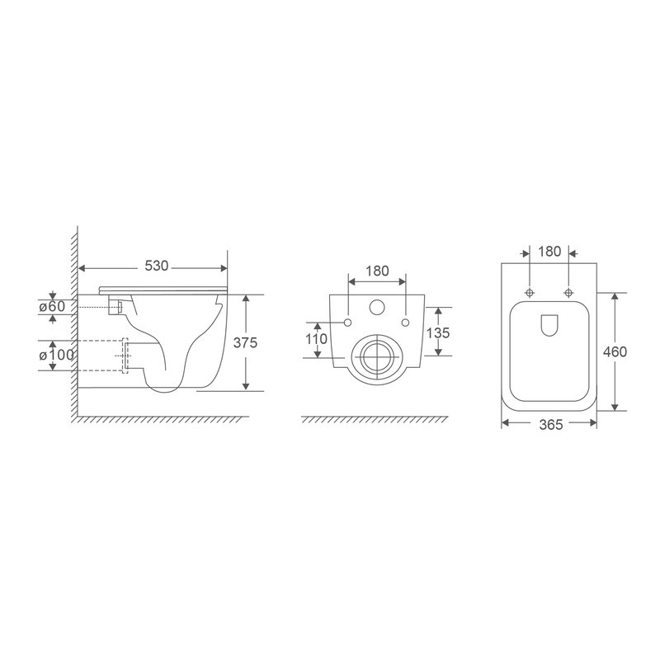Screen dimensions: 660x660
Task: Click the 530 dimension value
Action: click(x=156, y=266)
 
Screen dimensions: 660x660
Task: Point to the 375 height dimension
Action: click(x=262, y=343)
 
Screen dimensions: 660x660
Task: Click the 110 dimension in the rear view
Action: click(x=316, y=339)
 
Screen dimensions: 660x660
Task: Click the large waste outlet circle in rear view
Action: click(x=378, y=356)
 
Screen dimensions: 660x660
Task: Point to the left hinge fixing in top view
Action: click(x=529, y=292)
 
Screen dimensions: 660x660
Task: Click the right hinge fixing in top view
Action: click(x=568, y=292)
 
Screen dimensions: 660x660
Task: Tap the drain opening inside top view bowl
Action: click(x=549, y=328)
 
